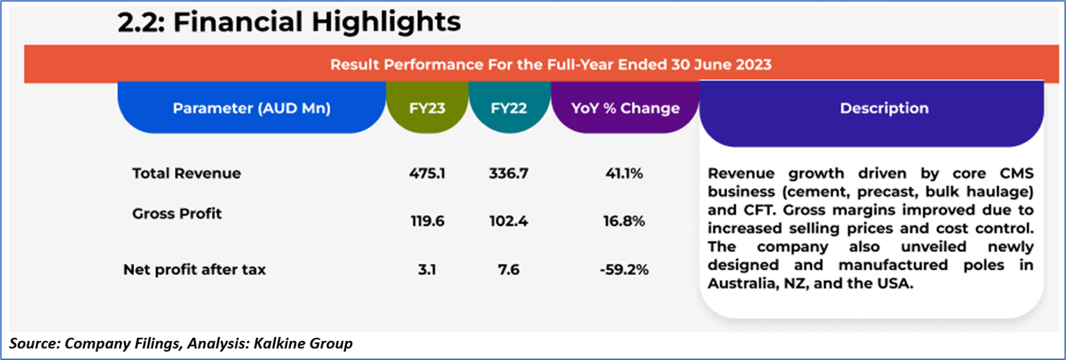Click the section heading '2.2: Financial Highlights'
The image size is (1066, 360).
289,23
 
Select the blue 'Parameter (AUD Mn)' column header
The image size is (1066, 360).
252,108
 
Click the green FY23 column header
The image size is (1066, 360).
427,108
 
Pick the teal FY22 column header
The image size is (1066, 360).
509,108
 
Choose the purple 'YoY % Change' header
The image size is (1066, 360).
625,108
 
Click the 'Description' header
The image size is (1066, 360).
884,108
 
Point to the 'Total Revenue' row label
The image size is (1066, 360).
186,174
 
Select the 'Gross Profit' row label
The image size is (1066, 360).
177,214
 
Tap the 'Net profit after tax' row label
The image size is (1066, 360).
194,269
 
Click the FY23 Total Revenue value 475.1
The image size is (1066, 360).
426,174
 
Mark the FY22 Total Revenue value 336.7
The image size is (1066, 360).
509,174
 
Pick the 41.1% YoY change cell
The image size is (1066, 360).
624,174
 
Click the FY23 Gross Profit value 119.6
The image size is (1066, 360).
426,221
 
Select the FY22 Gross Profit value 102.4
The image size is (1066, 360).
509,221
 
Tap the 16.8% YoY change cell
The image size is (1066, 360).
624,221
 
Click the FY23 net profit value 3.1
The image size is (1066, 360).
426,269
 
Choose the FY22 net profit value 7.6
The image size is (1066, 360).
509,269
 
